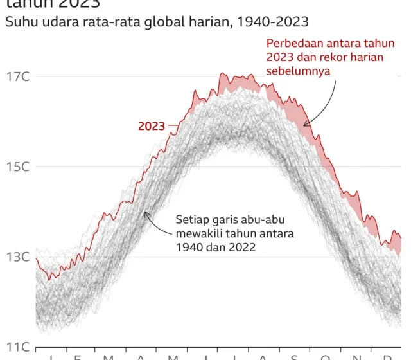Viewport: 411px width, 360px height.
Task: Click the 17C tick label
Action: coord(17,76)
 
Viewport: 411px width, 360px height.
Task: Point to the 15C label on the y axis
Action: coord(17,166)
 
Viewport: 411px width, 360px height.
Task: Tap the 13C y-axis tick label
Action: coord(17,256)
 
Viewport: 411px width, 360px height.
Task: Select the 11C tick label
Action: coord(17,346)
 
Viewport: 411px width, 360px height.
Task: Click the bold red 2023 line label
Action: coord(152,125)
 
